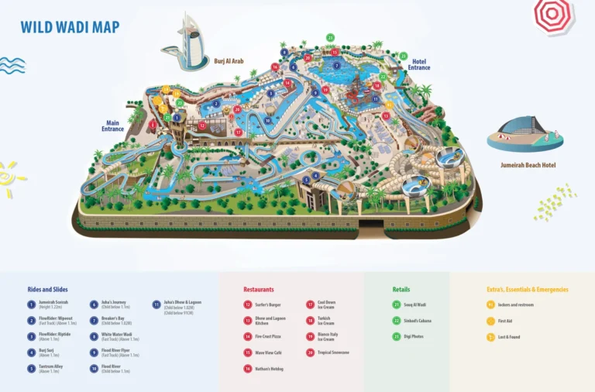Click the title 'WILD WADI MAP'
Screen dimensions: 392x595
tap(70, 28)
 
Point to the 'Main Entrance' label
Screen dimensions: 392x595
tap(112, 126)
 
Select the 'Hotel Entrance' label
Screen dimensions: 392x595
tap(419, 64)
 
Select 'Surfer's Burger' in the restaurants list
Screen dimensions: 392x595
tap(268, 304)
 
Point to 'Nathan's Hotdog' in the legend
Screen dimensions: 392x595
tap(269, 369)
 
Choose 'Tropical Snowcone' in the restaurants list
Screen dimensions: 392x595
tap(333, 352)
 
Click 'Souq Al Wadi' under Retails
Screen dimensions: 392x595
tap(415, 304)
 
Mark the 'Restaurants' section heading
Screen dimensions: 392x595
tap(259, 289)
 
